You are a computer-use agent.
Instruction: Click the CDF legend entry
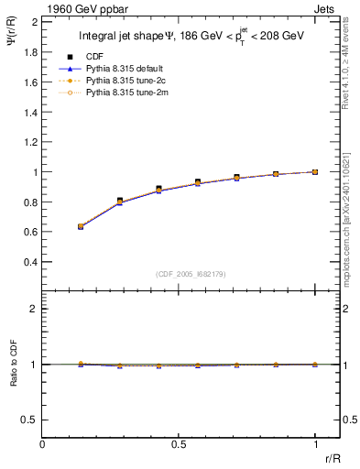92,57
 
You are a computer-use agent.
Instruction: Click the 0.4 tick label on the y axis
31,262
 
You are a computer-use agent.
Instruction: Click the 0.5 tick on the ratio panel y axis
31,420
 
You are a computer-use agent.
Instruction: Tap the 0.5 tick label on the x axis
179,444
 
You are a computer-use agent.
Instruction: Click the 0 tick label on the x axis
43,444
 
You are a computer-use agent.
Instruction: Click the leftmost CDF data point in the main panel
81,226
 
